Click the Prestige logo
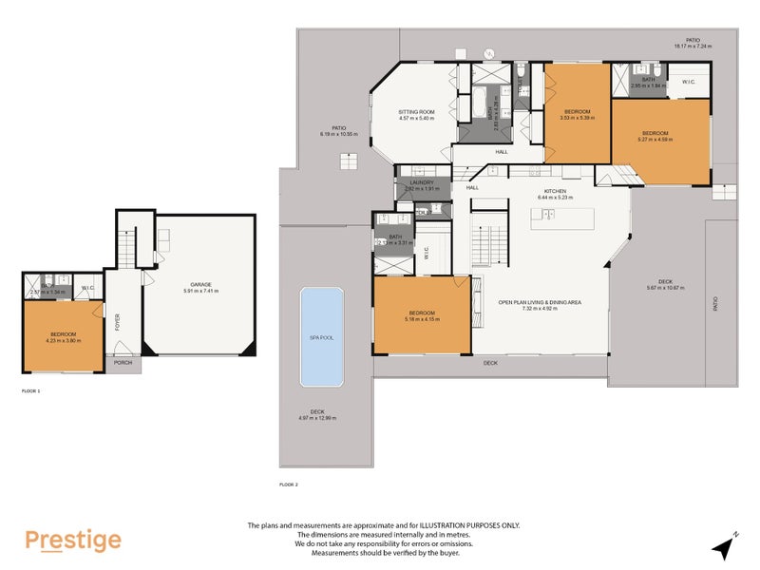pos(73,541)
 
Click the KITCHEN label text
pos(555,191)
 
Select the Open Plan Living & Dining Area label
pos(540,302)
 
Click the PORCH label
pos(123,362)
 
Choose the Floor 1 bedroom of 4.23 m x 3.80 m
pos(63,337)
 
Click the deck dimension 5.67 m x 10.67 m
pos(665,288)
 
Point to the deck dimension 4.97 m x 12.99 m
pos(317,418)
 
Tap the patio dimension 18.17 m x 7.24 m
pos(693,46)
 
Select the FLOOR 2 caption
pos(289,484)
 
